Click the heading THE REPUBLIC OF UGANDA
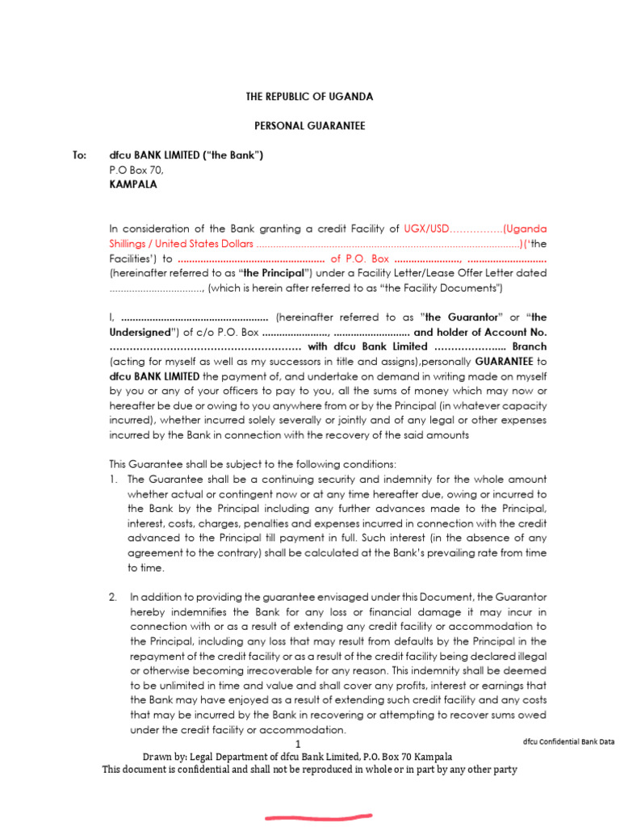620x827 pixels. [309, 97]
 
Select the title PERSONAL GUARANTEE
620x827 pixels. [309, 126]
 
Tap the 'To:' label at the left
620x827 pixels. [79, 155]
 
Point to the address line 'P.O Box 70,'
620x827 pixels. [136, 170]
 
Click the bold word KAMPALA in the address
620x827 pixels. [133, 184]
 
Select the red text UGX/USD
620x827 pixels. [425, 229]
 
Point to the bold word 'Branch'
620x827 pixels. [529, 346]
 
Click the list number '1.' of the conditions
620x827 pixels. [114, 479]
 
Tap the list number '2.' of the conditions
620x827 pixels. [114, 597]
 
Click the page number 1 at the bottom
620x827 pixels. [297, 744]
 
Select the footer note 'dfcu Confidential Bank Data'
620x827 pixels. [568, 741]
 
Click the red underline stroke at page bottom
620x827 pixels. [319, 817]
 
